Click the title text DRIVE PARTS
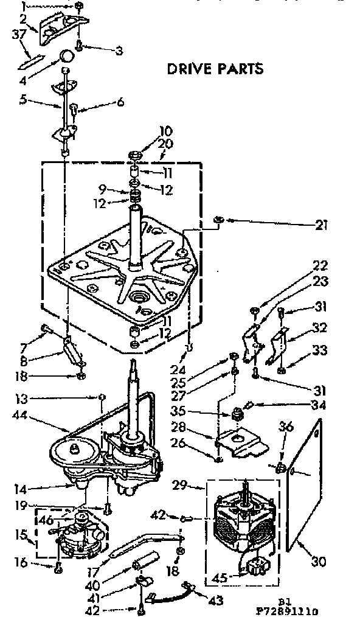[x=215, y=68]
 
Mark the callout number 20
[x=148, y=144]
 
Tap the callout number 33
[x=320, y=350]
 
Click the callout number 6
[x=120, y=102]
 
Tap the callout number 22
[x=320, y=265]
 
